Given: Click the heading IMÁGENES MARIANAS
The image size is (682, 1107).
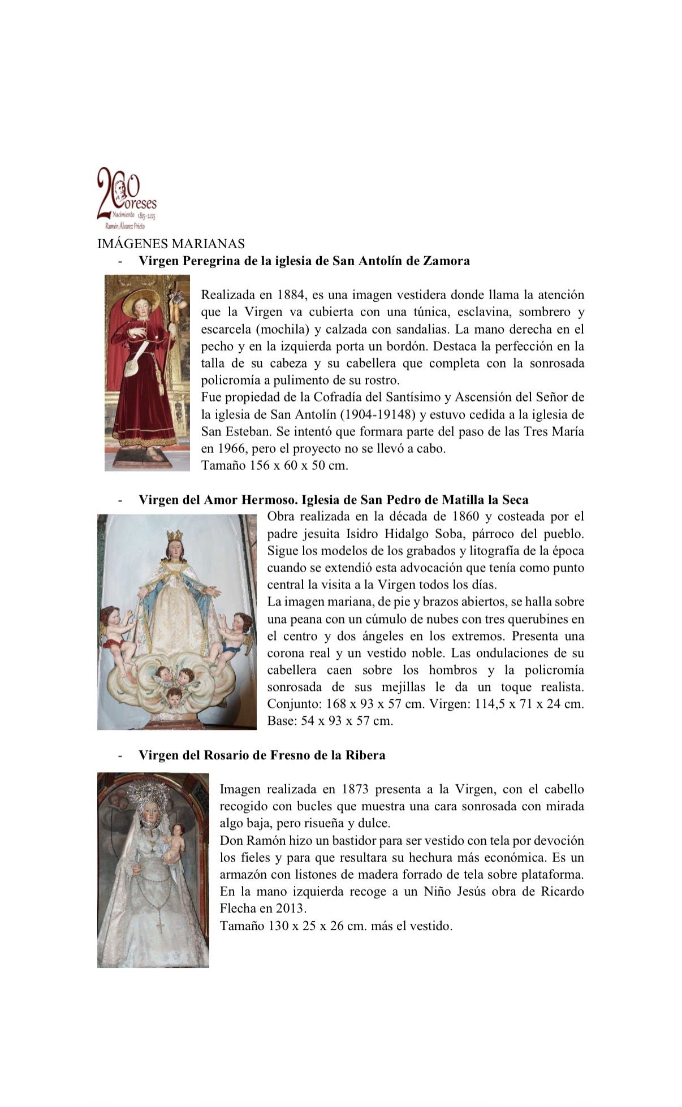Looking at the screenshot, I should click(x=171, y=244).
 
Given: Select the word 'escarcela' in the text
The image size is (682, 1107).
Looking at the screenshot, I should click(x=226, y=329).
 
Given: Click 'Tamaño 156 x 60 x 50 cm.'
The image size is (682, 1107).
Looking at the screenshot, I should click(x=274, y=466).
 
